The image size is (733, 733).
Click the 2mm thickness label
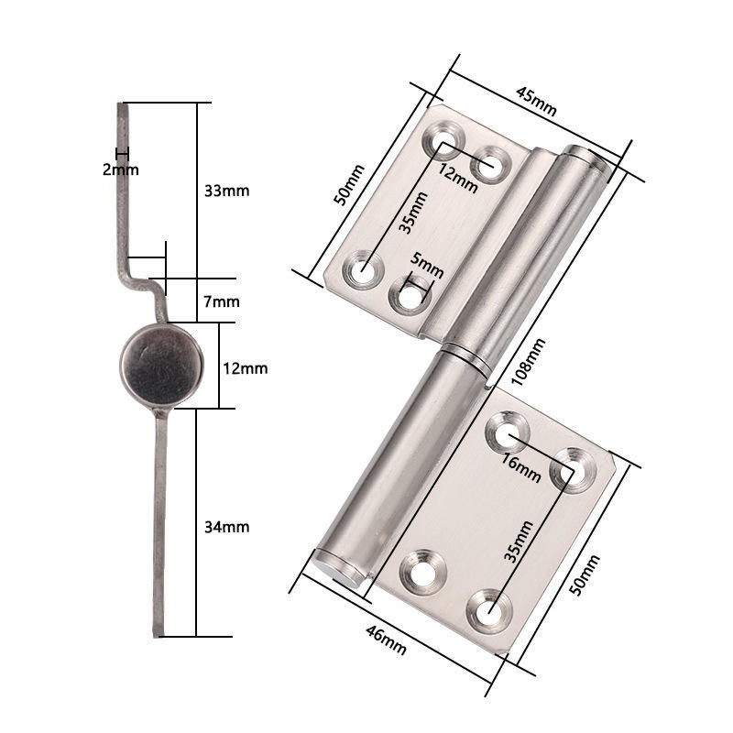click(121, 170)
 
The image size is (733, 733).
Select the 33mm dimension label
click(225, 191)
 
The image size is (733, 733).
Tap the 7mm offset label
click(221, 301)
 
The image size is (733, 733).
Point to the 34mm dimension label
click(225, 527)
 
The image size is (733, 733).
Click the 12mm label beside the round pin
click(246, 367)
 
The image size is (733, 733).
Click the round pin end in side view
click(161, 366)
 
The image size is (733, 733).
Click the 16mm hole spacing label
click(522, 469)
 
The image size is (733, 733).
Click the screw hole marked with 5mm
click(409, 297)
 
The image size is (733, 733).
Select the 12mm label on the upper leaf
click(457, 179)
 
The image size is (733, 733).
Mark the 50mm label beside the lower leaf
click(582, 575)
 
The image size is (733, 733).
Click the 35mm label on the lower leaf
click(518, 541)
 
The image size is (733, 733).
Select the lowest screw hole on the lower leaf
click(488, 607)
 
